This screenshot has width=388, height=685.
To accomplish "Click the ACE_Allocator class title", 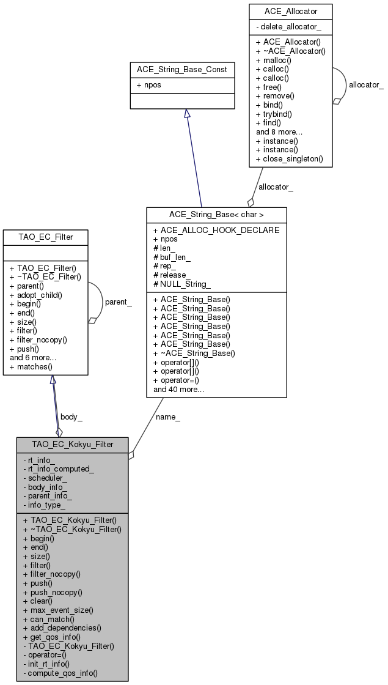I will [290, 11].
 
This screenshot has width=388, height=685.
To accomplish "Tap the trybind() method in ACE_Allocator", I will [276, 114].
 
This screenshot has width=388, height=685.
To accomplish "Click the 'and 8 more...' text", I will [279, 131].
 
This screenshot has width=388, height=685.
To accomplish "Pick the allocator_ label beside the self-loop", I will [366, 84].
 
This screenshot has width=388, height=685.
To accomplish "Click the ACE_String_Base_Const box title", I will [182, 70].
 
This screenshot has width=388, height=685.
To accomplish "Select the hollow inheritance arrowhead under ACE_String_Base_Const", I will [186, 114].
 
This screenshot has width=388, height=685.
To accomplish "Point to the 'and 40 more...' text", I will [179, 389].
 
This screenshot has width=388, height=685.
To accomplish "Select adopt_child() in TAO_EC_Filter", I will [40, 295].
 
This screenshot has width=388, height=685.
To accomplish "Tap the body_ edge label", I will [72, 417].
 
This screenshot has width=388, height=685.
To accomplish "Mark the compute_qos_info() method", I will [62, 673].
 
